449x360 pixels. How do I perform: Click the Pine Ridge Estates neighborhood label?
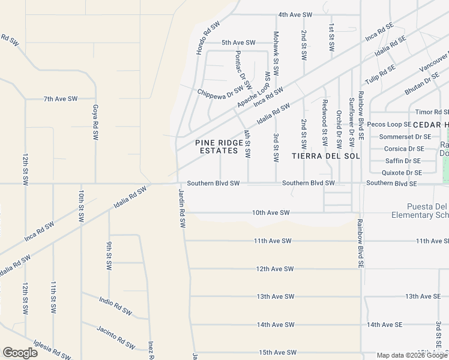click(212, 146)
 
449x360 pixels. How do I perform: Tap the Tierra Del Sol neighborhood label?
click(324, 155)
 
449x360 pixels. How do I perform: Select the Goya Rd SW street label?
click(95, 122)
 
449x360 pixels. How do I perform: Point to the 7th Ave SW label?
click(60, 98)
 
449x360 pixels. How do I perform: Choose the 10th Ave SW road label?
click(271, 212)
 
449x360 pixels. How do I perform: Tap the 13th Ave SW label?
click(275, 296)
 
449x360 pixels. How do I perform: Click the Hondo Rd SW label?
click(208, 37)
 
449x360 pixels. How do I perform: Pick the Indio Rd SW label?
click(115, 305)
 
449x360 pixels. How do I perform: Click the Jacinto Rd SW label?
click(116, 335)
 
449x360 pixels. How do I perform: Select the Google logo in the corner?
click(20, 353)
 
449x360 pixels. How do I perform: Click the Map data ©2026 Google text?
click(412, 355)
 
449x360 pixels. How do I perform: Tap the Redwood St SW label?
click(324, 122)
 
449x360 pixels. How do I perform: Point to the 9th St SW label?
click(109, 256)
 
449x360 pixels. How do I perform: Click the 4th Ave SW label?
click(295, 14)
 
